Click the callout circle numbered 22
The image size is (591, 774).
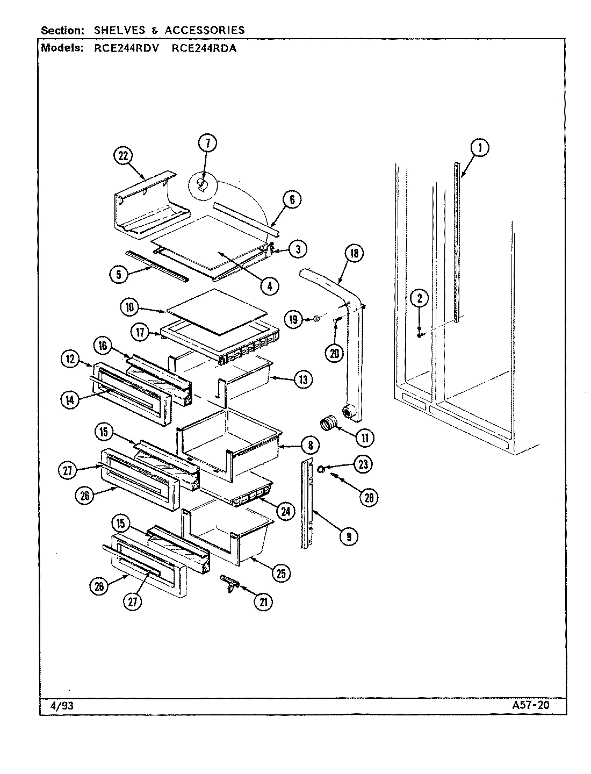point(123,156)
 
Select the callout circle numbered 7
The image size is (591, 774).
point(207,142)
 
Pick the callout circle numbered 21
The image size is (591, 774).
point(263,603)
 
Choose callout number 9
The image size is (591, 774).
point(349,535)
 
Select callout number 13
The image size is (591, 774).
point(302,379)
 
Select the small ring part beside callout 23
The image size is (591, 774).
point(320,469)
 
